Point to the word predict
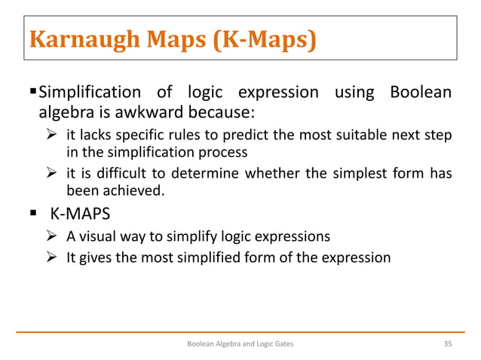[284, 136]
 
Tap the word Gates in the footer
[282, 343]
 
